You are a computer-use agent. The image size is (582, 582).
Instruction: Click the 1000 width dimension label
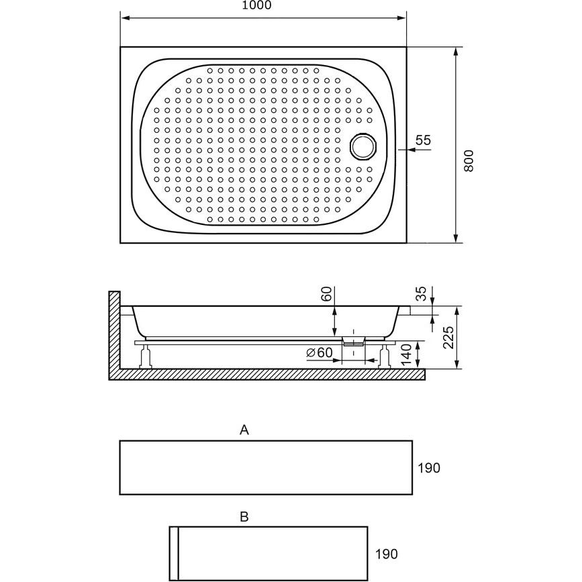pyautogui.click(x=256, y=5)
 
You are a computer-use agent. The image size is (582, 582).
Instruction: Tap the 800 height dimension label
pyautogui.click(x=469, y=160)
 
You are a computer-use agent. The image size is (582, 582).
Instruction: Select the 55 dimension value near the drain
pyautogui.click(x=423, y=140)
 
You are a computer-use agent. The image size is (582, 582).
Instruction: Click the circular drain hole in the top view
pyautogui.click(x=364, y=146)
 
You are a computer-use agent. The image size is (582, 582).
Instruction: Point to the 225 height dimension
pyautogui.click(x=448, y=337)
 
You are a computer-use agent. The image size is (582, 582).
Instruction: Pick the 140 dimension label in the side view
pyautogui.click(x=406, y=354)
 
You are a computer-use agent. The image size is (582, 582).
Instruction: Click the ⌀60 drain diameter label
pyautogui.click(x=320, y=352)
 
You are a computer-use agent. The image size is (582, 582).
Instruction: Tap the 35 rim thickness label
pyautogui.click(x=422, y=293)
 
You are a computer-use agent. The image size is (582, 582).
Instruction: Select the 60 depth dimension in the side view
pyautogui.click(x=326, y=294)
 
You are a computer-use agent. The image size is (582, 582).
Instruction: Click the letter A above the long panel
pyautogui.click(x=244, y=430)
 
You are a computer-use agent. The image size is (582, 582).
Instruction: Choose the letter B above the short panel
pyautogui.click(x=244, y=516)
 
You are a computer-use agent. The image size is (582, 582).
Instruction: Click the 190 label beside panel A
pyautogui.click(x=429, y=468)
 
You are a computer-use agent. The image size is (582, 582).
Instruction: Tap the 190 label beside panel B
pyautogui.click(x=387, y=554)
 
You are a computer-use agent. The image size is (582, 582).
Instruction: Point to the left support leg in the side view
pyautogui.click(x=145, y=356)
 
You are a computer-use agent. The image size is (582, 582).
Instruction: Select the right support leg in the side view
pyautogui.click(x=384, y=356)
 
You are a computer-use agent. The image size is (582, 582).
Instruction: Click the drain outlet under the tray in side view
pyautogui.click(x=353, y=341)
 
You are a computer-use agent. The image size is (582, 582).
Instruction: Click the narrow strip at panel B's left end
pyautogui.click(x=174, y=553)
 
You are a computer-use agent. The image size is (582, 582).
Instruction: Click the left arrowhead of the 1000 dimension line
pyautogui.click(x=125, y=18)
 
